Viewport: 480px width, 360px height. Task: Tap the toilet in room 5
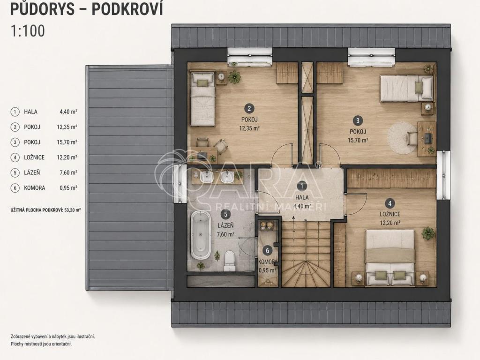click(229, 261)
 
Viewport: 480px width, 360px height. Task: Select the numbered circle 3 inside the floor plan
click(358, 120)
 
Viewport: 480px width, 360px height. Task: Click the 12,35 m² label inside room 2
click(249, 128)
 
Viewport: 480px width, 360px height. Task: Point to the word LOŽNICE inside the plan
click(390, 214)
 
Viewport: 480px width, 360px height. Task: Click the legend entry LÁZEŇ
click(32, 172)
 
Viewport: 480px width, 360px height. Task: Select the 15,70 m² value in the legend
click(67, 142)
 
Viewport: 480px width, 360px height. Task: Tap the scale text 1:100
click(28, 31)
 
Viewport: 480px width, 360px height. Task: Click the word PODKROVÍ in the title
click(127, 9)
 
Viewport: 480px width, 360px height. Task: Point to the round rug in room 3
click(402, 138)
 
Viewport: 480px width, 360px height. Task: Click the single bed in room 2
click(202, 99)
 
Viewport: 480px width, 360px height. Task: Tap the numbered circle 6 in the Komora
click(267, 251)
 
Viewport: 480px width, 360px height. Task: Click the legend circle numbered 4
click(15, 157)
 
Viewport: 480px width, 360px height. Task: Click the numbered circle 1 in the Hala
click(302, 186)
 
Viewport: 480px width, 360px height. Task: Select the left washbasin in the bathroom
click(206, 177)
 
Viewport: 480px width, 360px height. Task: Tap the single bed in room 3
click(407, 89)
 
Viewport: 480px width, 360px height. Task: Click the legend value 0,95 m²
click(68, 188)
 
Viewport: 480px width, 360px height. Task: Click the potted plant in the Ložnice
click(428, 233)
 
